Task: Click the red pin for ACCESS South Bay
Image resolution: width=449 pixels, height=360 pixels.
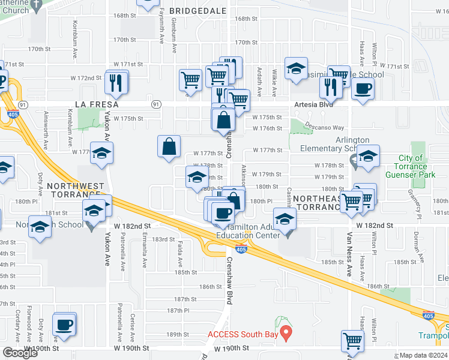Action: [287, 332]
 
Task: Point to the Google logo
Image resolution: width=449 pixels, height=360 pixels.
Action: [20, 353]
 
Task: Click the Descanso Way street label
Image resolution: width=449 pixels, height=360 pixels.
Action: [327, 127]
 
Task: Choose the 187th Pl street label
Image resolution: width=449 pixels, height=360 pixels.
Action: [178, 310]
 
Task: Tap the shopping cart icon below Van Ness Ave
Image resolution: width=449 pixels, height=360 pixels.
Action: [352, 341]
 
